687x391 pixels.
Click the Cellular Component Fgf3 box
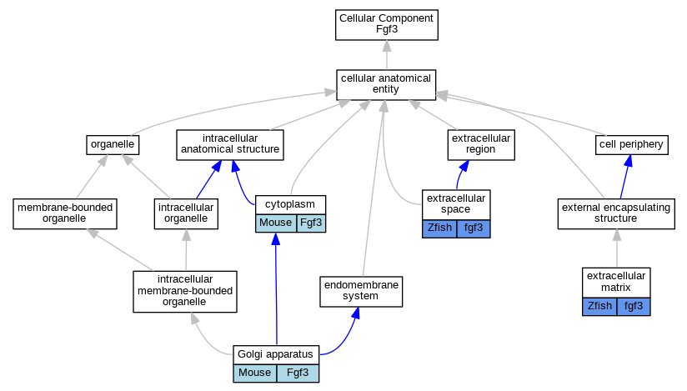[x=386, y=24]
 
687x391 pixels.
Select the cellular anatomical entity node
[x=386, y=84]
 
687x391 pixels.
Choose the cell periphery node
[x=631, y=144]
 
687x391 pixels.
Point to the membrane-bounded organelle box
[x=65, y=213]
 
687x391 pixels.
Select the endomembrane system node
[x=361, y=291]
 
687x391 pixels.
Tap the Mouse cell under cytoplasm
[x=275, y=223]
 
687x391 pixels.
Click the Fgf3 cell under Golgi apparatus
[x=298, y=373]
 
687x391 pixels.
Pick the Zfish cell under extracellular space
[x=439, y=228]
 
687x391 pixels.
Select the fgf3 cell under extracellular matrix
[x=634, y=306]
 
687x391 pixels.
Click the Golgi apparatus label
[x=275, y=354]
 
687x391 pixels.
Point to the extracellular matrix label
[x=616, y=281]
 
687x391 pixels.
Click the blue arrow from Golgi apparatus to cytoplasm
[x=275, y=292]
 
